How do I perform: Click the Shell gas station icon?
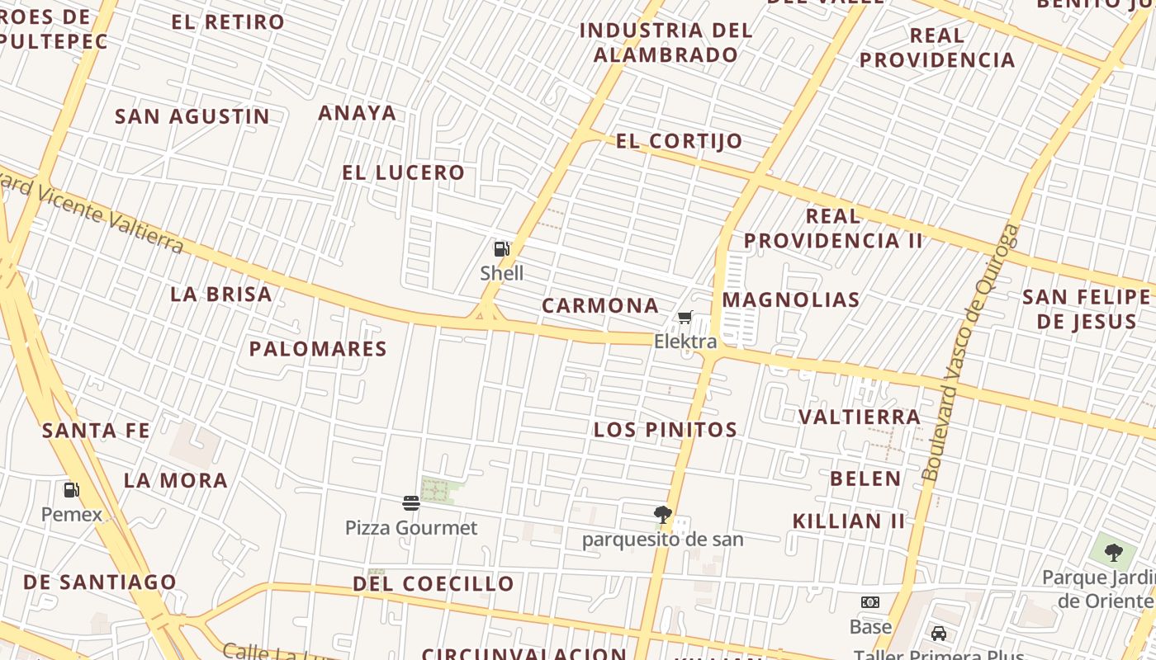click(501, 248)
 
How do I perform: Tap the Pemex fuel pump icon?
click(72, 490)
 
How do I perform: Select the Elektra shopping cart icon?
click(685, 318)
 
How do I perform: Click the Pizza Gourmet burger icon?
click(411, 503)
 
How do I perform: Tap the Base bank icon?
click(870, 602)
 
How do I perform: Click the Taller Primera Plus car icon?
click(939, 634)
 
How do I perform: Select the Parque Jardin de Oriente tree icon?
click(1113, 552)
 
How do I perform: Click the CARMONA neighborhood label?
click(600, 305)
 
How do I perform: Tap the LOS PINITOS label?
click(666, 429)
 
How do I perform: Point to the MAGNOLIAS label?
click(791, 299)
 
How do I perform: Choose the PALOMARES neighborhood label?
click(318, 348)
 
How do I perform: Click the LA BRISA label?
click(221, 294)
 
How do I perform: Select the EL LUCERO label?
click(404, 172)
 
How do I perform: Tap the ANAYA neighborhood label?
click(358, 112)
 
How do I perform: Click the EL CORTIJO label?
click(680, 141)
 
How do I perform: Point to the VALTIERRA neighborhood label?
click(860, 417)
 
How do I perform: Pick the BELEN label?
click(865, 478)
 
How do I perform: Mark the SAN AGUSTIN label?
click(192, 116)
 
